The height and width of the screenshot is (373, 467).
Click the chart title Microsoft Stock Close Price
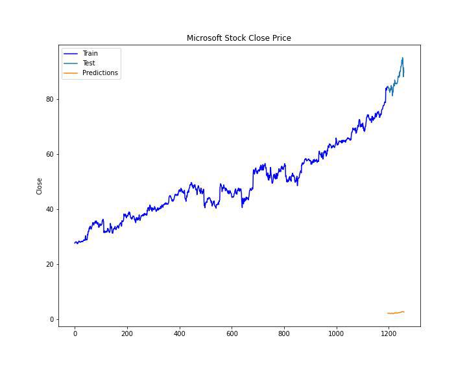click(x=239, y=38)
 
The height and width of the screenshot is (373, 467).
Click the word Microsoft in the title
click(x=204, y=38)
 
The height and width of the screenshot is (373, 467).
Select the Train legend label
click(x=90, y=53)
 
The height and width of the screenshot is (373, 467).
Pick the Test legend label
click(x=89, y=63)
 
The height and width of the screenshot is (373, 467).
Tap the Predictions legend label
click(x=100, y=73)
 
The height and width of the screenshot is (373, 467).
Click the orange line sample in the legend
click(x=70, y=73)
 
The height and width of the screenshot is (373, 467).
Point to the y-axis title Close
click(x=40, y=186)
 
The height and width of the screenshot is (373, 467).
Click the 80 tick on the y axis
click(x=49, y=99)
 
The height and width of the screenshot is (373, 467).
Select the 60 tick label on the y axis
click(x=49, y=154)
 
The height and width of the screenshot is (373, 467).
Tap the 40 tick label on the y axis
click(x=49, y=209)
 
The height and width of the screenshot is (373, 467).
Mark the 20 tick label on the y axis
click(x=49, y=264)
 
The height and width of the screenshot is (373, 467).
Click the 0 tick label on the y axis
click(x=51, y=319)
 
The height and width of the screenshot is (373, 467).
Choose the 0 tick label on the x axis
click(x=75, y=334)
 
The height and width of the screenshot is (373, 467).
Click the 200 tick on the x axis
click(x=127, y=334)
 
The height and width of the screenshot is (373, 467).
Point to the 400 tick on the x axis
click(x=180, y=334)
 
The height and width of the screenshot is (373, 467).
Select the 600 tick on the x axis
click(x=232, y=334)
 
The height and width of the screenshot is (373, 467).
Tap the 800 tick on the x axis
click(x=284, y=334)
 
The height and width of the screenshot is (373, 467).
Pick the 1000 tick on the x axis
click(x=336, y=334)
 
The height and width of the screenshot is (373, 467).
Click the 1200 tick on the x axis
click(x=389, y=334)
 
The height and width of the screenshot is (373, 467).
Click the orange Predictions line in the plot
click(x=396, y=313)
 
